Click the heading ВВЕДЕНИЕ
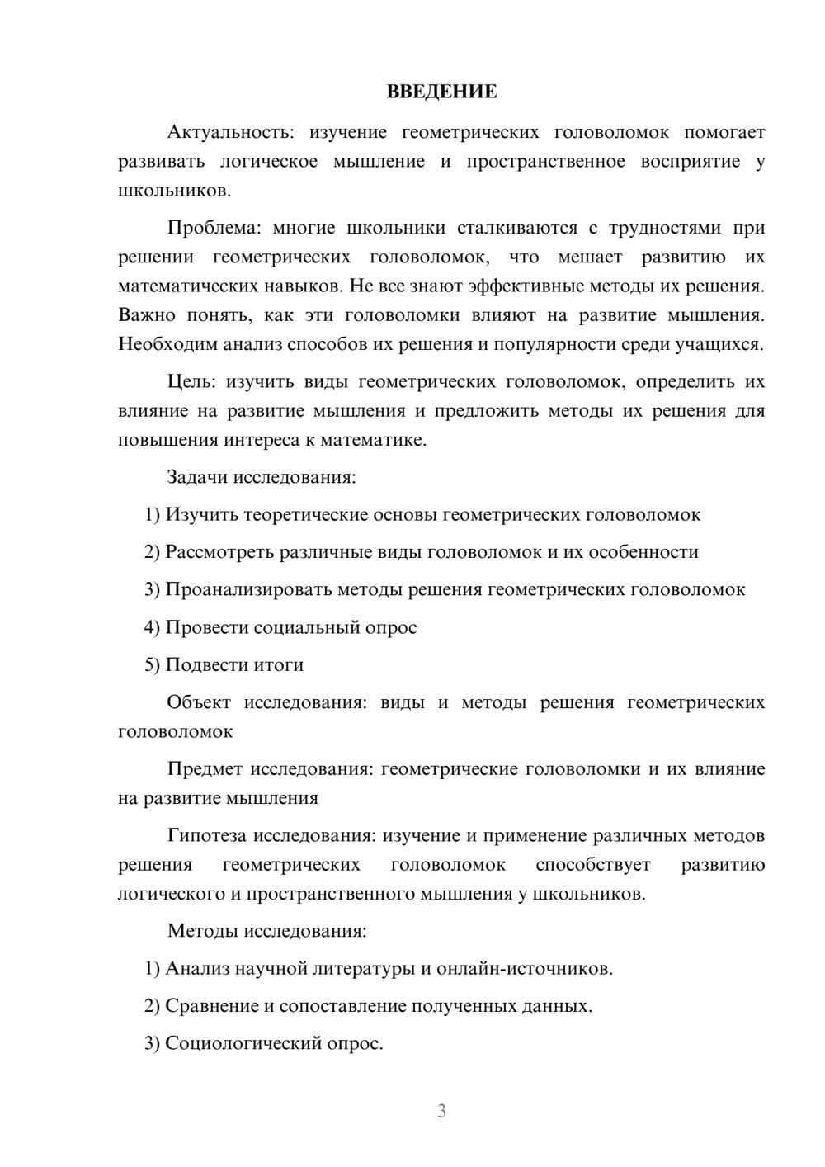[x=441, y=92]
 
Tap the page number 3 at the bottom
[x=441, y=1111]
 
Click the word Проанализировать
[x=248, y=590]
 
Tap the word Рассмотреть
[x=219, y=552]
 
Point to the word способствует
[x=593, y=865]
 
